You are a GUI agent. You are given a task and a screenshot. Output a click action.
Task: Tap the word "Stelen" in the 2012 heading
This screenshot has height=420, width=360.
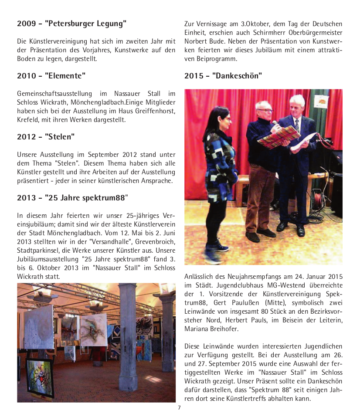60,137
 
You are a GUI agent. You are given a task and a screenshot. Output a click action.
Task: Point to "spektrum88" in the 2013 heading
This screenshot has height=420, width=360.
105,198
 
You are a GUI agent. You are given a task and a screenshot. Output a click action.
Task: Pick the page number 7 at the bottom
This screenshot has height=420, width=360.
179,408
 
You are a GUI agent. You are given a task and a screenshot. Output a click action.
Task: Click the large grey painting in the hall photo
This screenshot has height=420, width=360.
39,327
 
